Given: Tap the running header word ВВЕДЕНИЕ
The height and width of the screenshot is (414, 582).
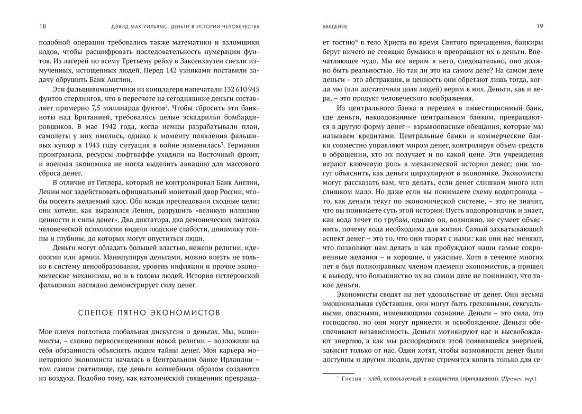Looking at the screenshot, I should coord(335,26).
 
